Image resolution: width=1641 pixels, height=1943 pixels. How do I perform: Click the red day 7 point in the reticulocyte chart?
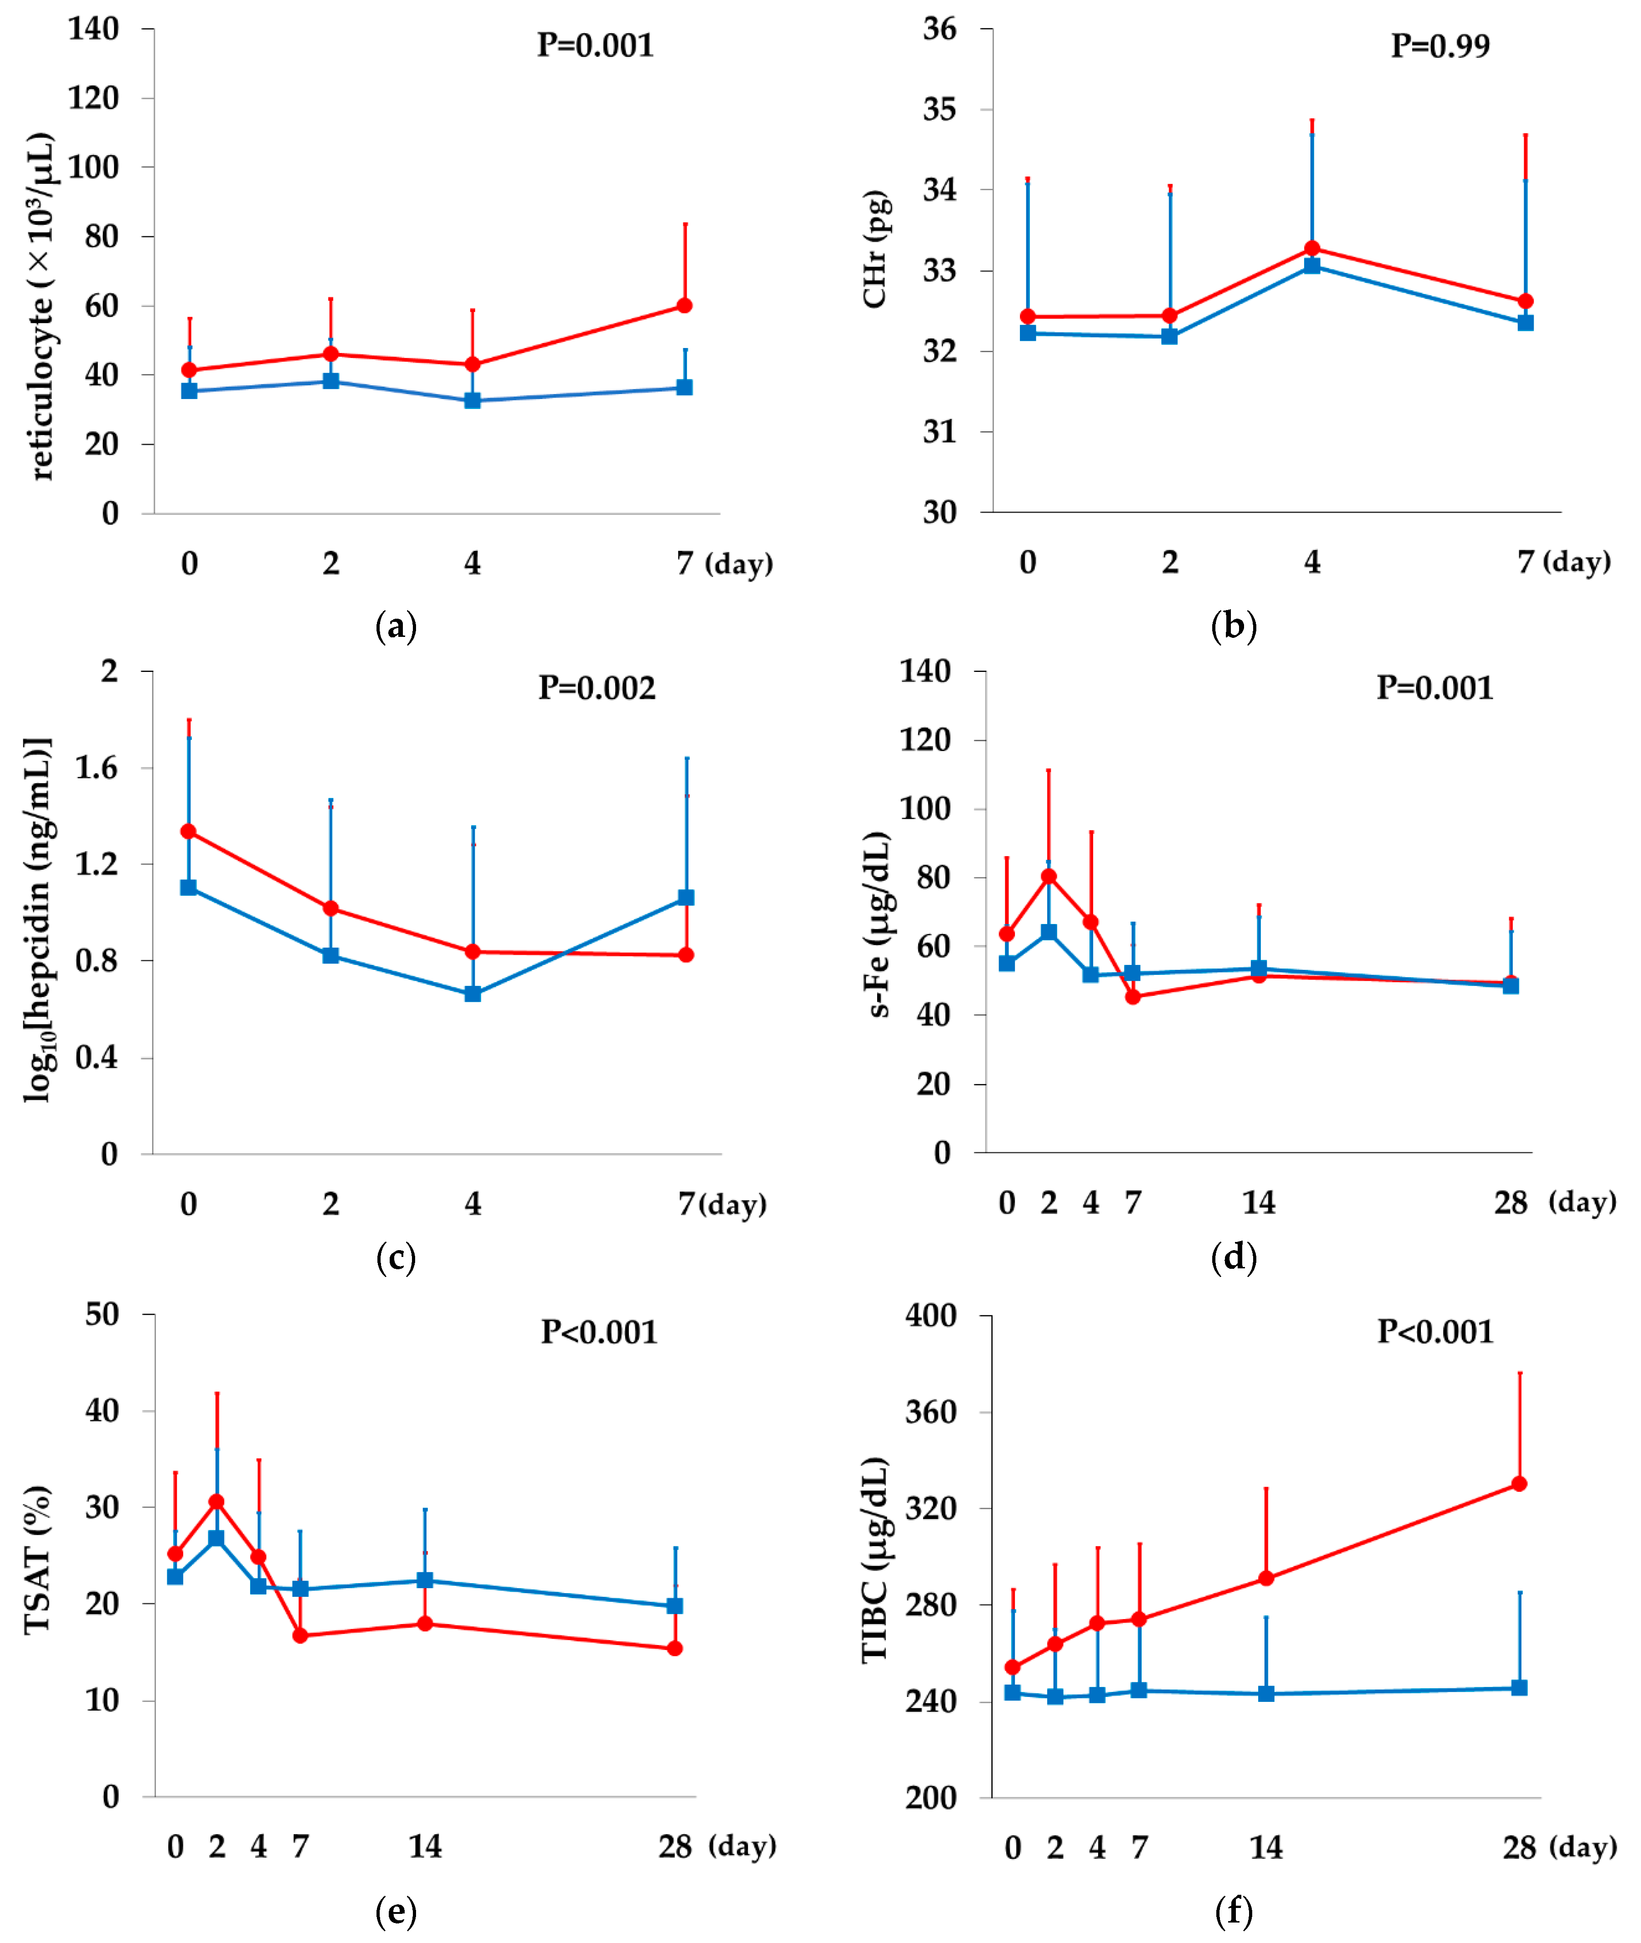point(684,305)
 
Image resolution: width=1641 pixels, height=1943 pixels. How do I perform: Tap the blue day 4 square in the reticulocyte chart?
point(472,400)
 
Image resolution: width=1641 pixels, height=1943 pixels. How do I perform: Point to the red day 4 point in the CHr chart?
point(1312,248)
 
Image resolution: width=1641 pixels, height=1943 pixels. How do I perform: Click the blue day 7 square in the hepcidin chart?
point(686,897)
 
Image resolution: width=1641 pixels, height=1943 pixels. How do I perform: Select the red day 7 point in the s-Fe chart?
point(1132,997)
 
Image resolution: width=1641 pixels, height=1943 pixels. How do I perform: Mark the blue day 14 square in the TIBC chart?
point(1266,1694)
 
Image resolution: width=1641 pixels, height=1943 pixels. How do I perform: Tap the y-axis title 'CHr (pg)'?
point(874,249)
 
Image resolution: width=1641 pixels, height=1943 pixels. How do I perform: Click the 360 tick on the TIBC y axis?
point(930,1412)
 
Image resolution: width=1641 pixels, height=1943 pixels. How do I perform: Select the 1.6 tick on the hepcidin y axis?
point(97,768)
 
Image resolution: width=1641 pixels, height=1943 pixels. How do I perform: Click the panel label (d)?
point(1234,1257)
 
